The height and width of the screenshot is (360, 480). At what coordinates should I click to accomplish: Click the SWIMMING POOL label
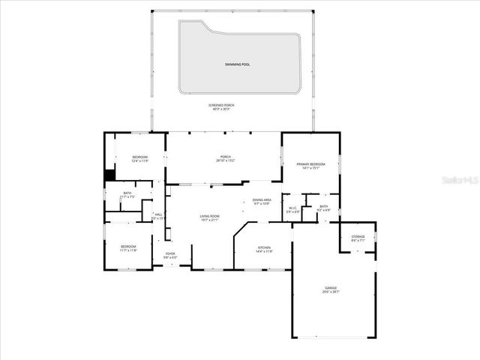coord(237,64)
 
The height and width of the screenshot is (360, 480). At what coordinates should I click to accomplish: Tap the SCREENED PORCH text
coord(221,105)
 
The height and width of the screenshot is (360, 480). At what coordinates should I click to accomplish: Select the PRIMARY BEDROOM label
coord(310,163)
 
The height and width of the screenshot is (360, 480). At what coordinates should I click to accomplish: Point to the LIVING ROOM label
coord(209,216)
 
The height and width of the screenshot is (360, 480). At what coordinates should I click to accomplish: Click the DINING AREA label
coord(262,199)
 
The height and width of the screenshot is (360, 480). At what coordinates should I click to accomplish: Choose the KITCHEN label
coord(264,247)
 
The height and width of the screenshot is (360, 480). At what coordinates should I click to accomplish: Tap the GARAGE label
coord(331,287)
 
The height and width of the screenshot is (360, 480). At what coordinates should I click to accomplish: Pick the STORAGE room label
coord(358,237)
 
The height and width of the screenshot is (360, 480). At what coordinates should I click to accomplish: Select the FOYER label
coord(170,253)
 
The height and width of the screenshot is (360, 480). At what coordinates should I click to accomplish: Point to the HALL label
coord(158,214)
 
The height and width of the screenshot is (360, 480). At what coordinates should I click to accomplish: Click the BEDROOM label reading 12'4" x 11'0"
coord(139,157)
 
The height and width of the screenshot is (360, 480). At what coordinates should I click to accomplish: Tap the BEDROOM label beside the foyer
coord(129,247)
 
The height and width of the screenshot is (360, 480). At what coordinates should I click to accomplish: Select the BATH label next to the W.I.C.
coord(323,206)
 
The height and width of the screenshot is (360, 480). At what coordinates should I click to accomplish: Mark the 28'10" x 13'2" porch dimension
coord(226,160)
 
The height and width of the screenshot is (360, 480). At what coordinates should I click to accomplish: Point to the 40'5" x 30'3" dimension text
coord(221,109)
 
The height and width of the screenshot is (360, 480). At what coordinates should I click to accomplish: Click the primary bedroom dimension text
coord(310,168)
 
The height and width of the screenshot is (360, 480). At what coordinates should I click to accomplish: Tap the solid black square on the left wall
coord(109,175)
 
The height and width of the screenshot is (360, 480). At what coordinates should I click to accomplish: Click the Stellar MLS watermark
coord(460,181)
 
